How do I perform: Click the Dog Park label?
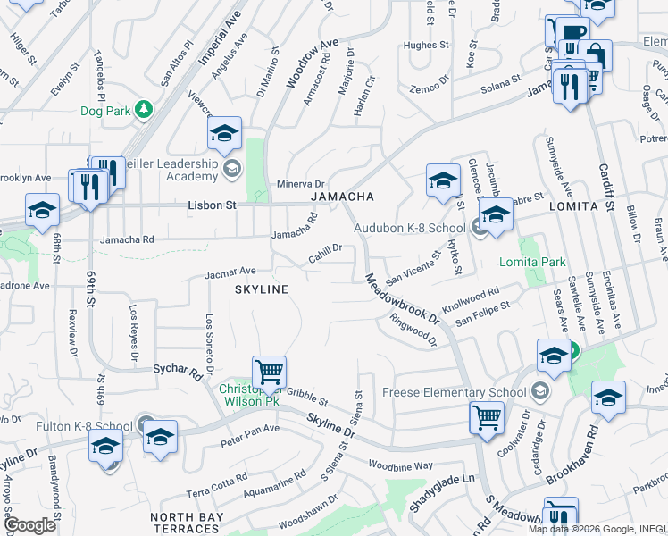pos(105,111)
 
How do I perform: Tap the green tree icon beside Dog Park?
pos(143,110)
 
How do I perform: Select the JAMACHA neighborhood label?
pos(340,197)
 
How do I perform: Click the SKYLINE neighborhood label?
pos(261,289)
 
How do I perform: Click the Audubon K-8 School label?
pos(409,228)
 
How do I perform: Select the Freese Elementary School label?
pos(454,392)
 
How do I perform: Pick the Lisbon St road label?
pos(212,205)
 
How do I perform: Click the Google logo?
pos(29,525)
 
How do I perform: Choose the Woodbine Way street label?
pos(400,465)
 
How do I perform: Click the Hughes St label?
pos(426,45)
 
